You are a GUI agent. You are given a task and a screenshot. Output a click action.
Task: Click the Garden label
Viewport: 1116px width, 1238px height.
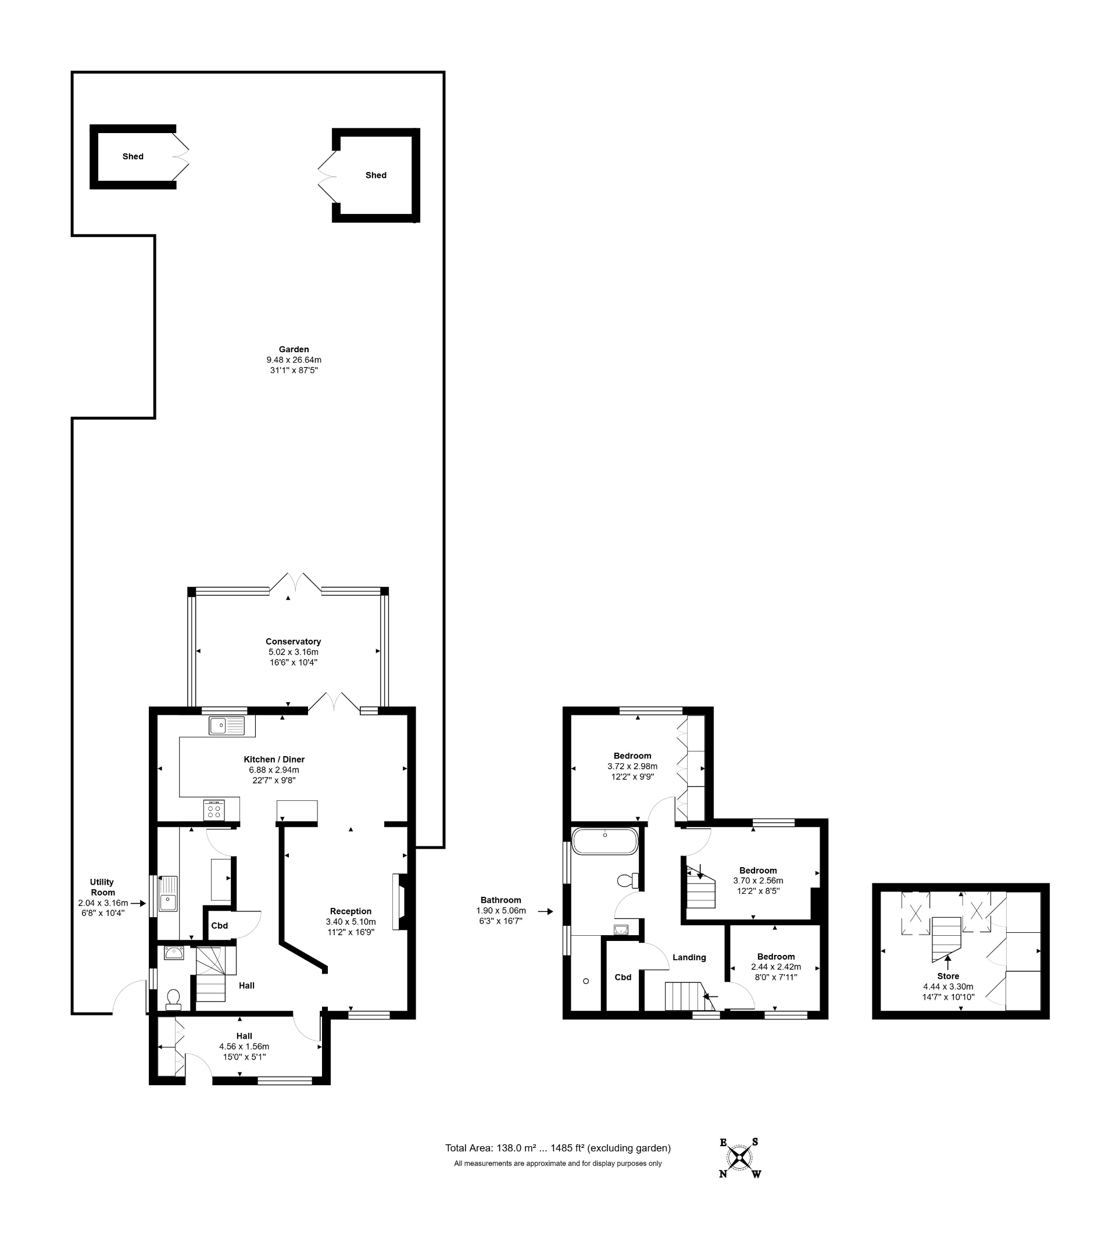coord(294,349)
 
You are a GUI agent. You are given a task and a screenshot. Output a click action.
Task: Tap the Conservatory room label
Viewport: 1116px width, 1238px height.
coord(293,642)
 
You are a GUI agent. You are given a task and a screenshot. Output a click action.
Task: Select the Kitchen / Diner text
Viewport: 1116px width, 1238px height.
coord(274,759)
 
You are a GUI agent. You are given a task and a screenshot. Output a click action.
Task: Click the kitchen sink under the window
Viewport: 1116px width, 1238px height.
coord(226,725)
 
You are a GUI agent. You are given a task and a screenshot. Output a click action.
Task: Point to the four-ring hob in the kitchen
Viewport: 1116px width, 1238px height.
coord(214,810)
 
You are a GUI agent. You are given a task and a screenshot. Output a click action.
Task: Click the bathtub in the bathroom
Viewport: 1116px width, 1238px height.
coord(604,840)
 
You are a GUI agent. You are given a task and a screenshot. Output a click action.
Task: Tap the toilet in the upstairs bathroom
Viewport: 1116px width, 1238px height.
coord(627,881)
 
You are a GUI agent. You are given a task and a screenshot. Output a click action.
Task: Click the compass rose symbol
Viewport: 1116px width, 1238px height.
coord(740,1158)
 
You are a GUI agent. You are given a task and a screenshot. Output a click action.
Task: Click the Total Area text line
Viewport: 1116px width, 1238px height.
coord(557,1148)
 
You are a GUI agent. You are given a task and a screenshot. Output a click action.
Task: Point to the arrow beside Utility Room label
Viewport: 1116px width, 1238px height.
coord(138,903)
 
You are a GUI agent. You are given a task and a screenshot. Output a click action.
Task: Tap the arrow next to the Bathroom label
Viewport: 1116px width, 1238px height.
coord(545,912)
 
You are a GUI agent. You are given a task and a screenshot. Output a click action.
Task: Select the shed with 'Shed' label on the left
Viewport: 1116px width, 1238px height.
coord(133,157)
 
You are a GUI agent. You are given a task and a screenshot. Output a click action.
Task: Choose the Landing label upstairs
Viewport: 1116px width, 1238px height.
coord(689,957)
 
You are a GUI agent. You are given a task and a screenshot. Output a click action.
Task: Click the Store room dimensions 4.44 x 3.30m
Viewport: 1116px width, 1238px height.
coord(948,986)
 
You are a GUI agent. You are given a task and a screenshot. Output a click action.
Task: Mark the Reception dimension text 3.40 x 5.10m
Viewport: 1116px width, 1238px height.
coord(350,922)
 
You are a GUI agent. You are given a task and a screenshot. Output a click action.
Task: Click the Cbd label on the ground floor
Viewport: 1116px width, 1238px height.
coord(220,926)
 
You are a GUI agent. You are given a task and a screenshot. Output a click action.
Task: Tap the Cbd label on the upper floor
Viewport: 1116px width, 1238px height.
coord(623,977)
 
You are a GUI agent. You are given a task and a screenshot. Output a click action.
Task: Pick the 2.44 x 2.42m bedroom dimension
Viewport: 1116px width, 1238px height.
coord(776,967)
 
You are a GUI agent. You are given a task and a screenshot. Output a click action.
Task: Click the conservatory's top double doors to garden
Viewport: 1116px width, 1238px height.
coord(295,582)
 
